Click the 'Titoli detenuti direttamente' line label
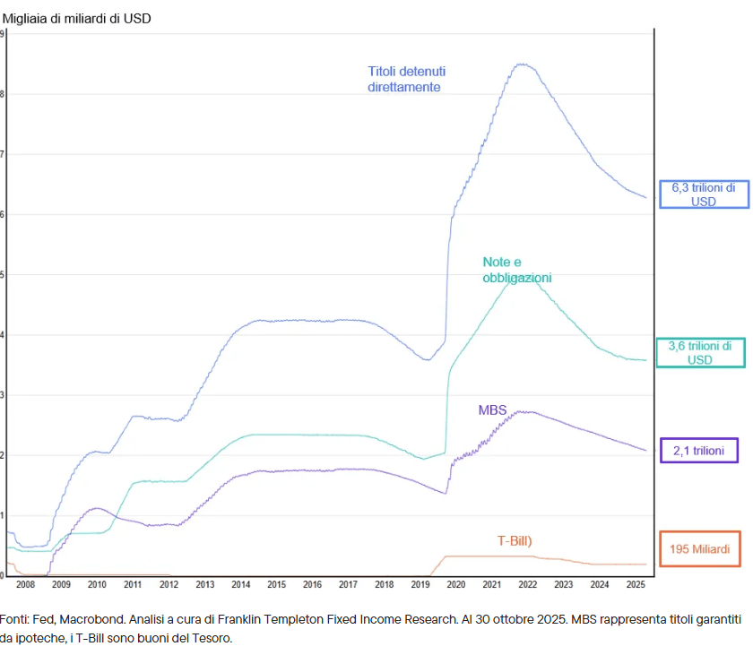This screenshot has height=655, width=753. (406, 79)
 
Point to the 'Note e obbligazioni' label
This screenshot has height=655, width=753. (516, 270)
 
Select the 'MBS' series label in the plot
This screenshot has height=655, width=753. (492, 410)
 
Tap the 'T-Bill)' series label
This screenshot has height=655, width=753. (515, 541)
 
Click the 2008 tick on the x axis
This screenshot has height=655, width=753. (25, 584)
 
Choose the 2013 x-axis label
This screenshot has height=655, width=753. (205, 584)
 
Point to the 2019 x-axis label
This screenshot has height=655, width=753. (420, 584)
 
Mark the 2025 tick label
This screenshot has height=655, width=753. (636, 584)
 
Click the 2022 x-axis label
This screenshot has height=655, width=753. (528, 584)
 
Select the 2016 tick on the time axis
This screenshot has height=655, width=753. (312, 584)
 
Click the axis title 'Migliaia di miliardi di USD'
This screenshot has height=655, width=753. (77, 19)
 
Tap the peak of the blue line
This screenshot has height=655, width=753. (522, 64)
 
